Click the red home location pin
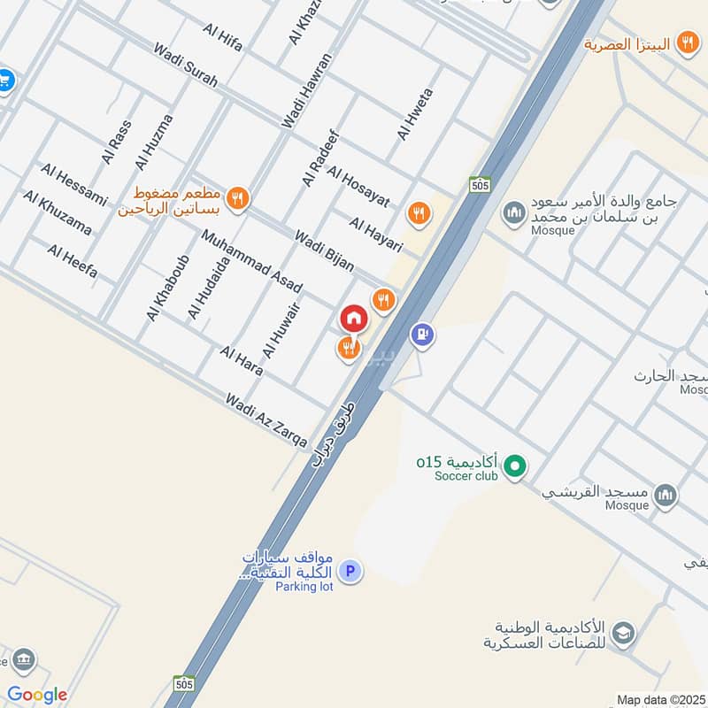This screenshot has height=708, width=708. click(x=353, y=318)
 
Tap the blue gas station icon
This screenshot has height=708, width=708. click(x=422, y=335)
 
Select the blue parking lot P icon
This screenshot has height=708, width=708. click(x=351, y=572)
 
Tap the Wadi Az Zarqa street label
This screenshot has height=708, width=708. click(x=266, y=420)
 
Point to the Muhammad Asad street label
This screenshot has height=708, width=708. click(x=251, y=262)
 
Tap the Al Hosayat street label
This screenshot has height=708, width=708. click(x=358, y=186)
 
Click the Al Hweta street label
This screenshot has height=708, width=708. click(x=415, y=114)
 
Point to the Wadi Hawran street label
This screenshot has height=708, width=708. click(x=306, y=91)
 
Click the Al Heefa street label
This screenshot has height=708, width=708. click(x=73, y=262)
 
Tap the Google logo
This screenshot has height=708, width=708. click(x=37, y=695)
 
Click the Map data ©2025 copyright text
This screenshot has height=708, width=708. click(x=659, y=699)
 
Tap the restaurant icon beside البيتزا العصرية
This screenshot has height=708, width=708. click(x=687, y=42)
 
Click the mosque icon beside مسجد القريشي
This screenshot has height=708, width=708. click(x=666, y=495)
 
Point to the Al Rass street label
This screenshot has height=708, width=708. click(x=116, y=142)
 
